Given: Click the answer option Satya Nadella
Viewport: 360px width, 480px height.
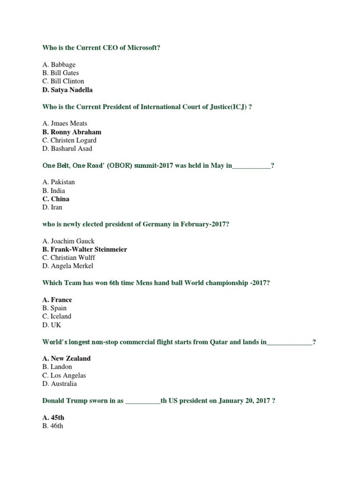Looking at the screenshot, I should click(x=67, y=90).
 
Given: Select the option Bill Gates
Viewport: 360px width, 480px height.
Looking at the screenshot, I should click(x=60, y=73).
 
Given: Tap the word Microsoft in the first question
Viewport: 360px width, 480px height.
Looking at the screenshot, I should click(x=144, y=48).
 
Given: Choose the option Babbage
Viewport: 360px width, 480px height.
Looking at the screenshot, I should click(x=59, y=65).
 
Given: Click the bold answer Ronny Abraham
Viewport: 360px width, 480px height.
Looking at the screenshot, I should click(x=72, y=132).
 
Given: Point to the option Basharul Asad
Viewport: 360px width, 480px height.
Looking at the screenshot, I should click(x=67, y=149).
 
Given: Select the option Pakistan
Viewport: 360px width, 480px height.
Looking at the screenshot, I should click(x=59, y=182).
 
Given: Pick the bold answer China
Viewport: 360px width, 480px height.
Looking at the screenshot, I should click(x=56, y=199).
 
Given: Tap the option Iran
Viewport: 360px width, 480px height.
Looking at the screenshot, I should click(x=52, y=207).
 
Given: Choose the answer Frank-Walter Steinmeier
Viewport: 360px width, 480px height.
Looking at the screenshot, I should click(x=84, y=249).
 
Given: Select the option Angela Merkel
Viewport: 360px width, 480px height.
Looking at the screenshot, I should click(x=68, y=266).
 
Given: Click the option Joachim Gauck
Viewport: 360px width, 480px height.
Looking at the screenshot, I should click(x=68, y=241).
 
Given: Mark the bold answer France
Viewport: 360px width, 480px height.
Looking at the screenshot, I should click(x=57, y=300).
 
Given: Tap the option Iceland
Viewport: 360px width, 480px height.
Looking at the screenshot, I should click(x=57, y=316).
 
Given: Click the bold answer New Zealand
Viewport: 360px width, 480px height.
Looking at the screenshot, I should click(x=66, y=358).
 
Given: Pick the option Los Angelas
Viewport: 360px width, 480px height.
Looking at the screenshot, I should click(x=64, y=375).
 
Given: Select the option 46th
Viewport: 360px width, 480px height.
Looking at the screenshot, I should click(x=52, y=426).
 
